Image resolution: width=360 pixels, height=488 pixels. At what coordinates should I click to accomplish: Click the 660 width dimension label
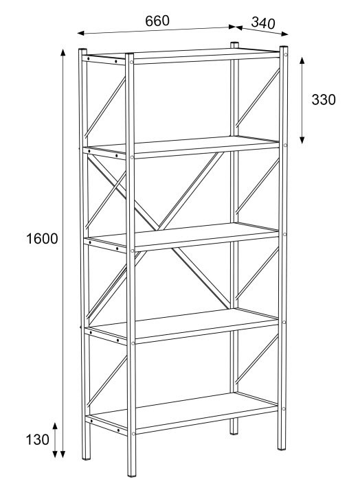157,21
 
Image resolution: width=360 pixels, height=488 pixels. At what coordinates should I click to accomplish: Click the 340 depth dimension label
263,23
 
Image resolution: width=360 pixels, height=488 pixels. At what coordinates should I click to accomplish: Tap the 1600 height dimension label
42,239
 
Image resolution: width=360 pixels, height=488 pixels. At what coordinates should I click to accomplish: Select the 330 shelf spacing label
324,100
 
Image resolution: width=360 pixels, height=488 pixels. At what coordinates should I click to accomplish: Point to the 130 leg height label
37,440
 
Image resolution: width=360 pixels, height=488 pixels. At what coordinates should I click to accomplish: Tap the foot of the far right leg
282,448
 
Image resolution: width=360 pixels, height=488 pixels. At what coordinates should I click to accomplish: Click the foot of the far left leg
87,458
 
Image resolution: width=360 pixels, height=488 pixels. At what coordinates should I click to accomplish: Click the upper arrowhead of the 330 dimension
302,60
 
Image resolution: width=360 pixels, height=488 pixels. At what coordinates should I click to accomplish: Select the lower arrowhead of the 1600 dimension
63,454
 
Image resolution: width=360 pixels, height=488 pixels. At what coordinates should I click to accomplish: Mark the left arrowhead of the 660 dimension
81,33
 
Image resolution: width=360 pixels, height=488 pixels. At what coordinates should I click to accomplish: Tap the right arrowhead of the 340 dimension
284,34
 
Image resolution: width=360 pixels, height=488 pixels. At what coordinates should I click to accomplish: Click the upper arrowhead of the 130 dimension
55,426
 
